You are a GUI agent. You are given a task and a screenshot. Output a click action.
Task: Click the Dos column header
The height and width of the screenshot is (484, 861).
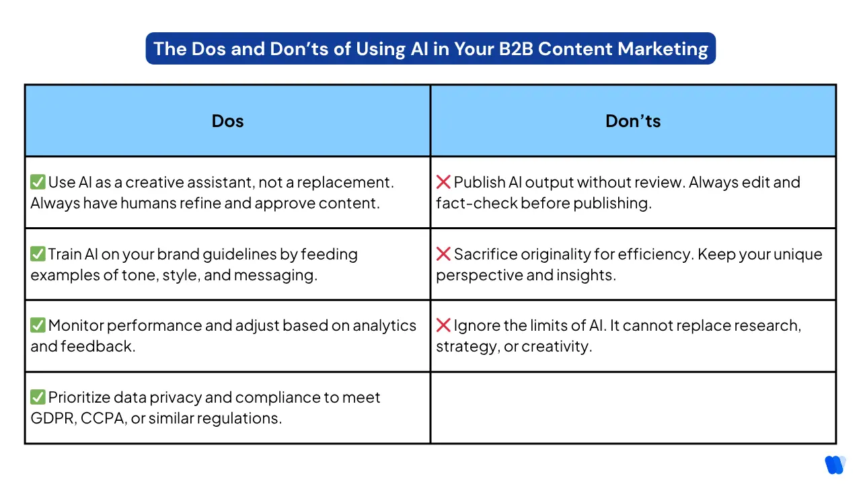[227, 121]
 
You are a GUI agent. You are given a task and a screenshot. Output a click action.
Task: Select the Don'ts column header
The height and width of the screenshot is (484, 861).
[633, 121]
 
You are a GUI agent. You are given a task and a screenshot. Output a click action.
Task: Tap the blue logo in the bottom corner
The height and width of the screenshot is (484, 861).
[835, 465]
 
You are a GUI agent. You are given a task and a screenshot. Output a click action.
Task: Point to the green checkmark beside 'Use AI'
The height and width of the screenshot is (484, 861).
[38, 182]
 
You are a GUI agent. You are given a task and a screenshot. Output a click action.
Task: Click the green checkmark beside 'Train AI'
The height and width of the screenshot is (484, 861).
[38, 254]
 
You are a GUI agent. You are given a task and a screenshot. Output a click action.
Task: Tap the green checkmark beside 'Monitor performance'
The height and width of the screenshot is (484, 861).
[38, 326]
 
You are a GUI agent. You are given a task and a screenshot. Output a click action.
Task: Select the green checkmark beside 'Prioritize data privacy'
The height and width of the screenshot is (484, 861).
[38, 398]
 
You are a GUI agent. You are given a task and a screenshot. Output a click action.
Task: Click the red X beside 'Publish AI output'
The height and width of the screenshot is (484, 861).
[443, 182]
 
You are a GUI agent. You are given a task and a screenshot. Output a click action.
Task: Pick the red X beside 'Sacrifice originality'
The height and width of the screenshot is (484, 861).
[443, 254]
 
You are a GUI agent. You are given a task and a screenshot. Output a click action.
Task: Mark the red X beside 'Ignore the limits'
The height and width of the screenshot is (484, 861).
[443, 326]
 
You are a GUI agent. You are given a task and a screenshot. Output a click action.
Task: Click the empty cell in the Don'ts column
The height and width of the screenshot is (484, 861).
[633, 407]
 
